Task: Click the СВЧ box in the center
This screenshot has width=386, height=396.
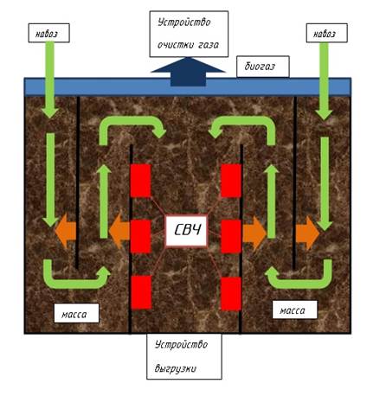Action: (x=187, y=231)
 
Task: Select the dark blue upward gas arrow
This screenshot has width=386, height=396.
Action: (x=188, y=72)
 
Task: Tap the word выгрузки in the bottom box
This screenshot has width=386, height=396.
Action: (x=176, y=368)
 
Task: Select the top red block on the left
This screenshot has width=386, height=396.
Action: (x=141, y=181)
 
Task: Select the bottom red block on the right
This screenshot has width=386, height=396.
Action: (x=231, y=294)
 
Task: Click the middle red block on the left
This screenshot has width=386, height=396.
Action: (x=141, y=236)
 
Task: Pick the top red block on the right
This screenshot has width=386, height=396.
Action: (x=231, y=181)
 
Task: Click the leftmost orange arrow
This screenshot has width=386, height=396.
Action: (x=66, y=231)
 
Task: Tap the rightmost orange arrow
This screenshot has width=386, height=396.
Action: (x=307, y=233)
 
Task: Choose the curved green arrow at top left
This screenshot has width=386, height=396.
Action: (x=132, y=124)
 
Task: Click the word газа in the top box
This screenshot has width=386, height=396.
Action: (x=209, y=45)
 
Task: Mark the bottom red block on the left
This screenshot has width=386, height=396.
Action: (x=141, y=292)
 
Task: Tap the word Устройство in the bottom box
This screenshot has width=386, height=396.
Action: (x=181, y=344)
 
